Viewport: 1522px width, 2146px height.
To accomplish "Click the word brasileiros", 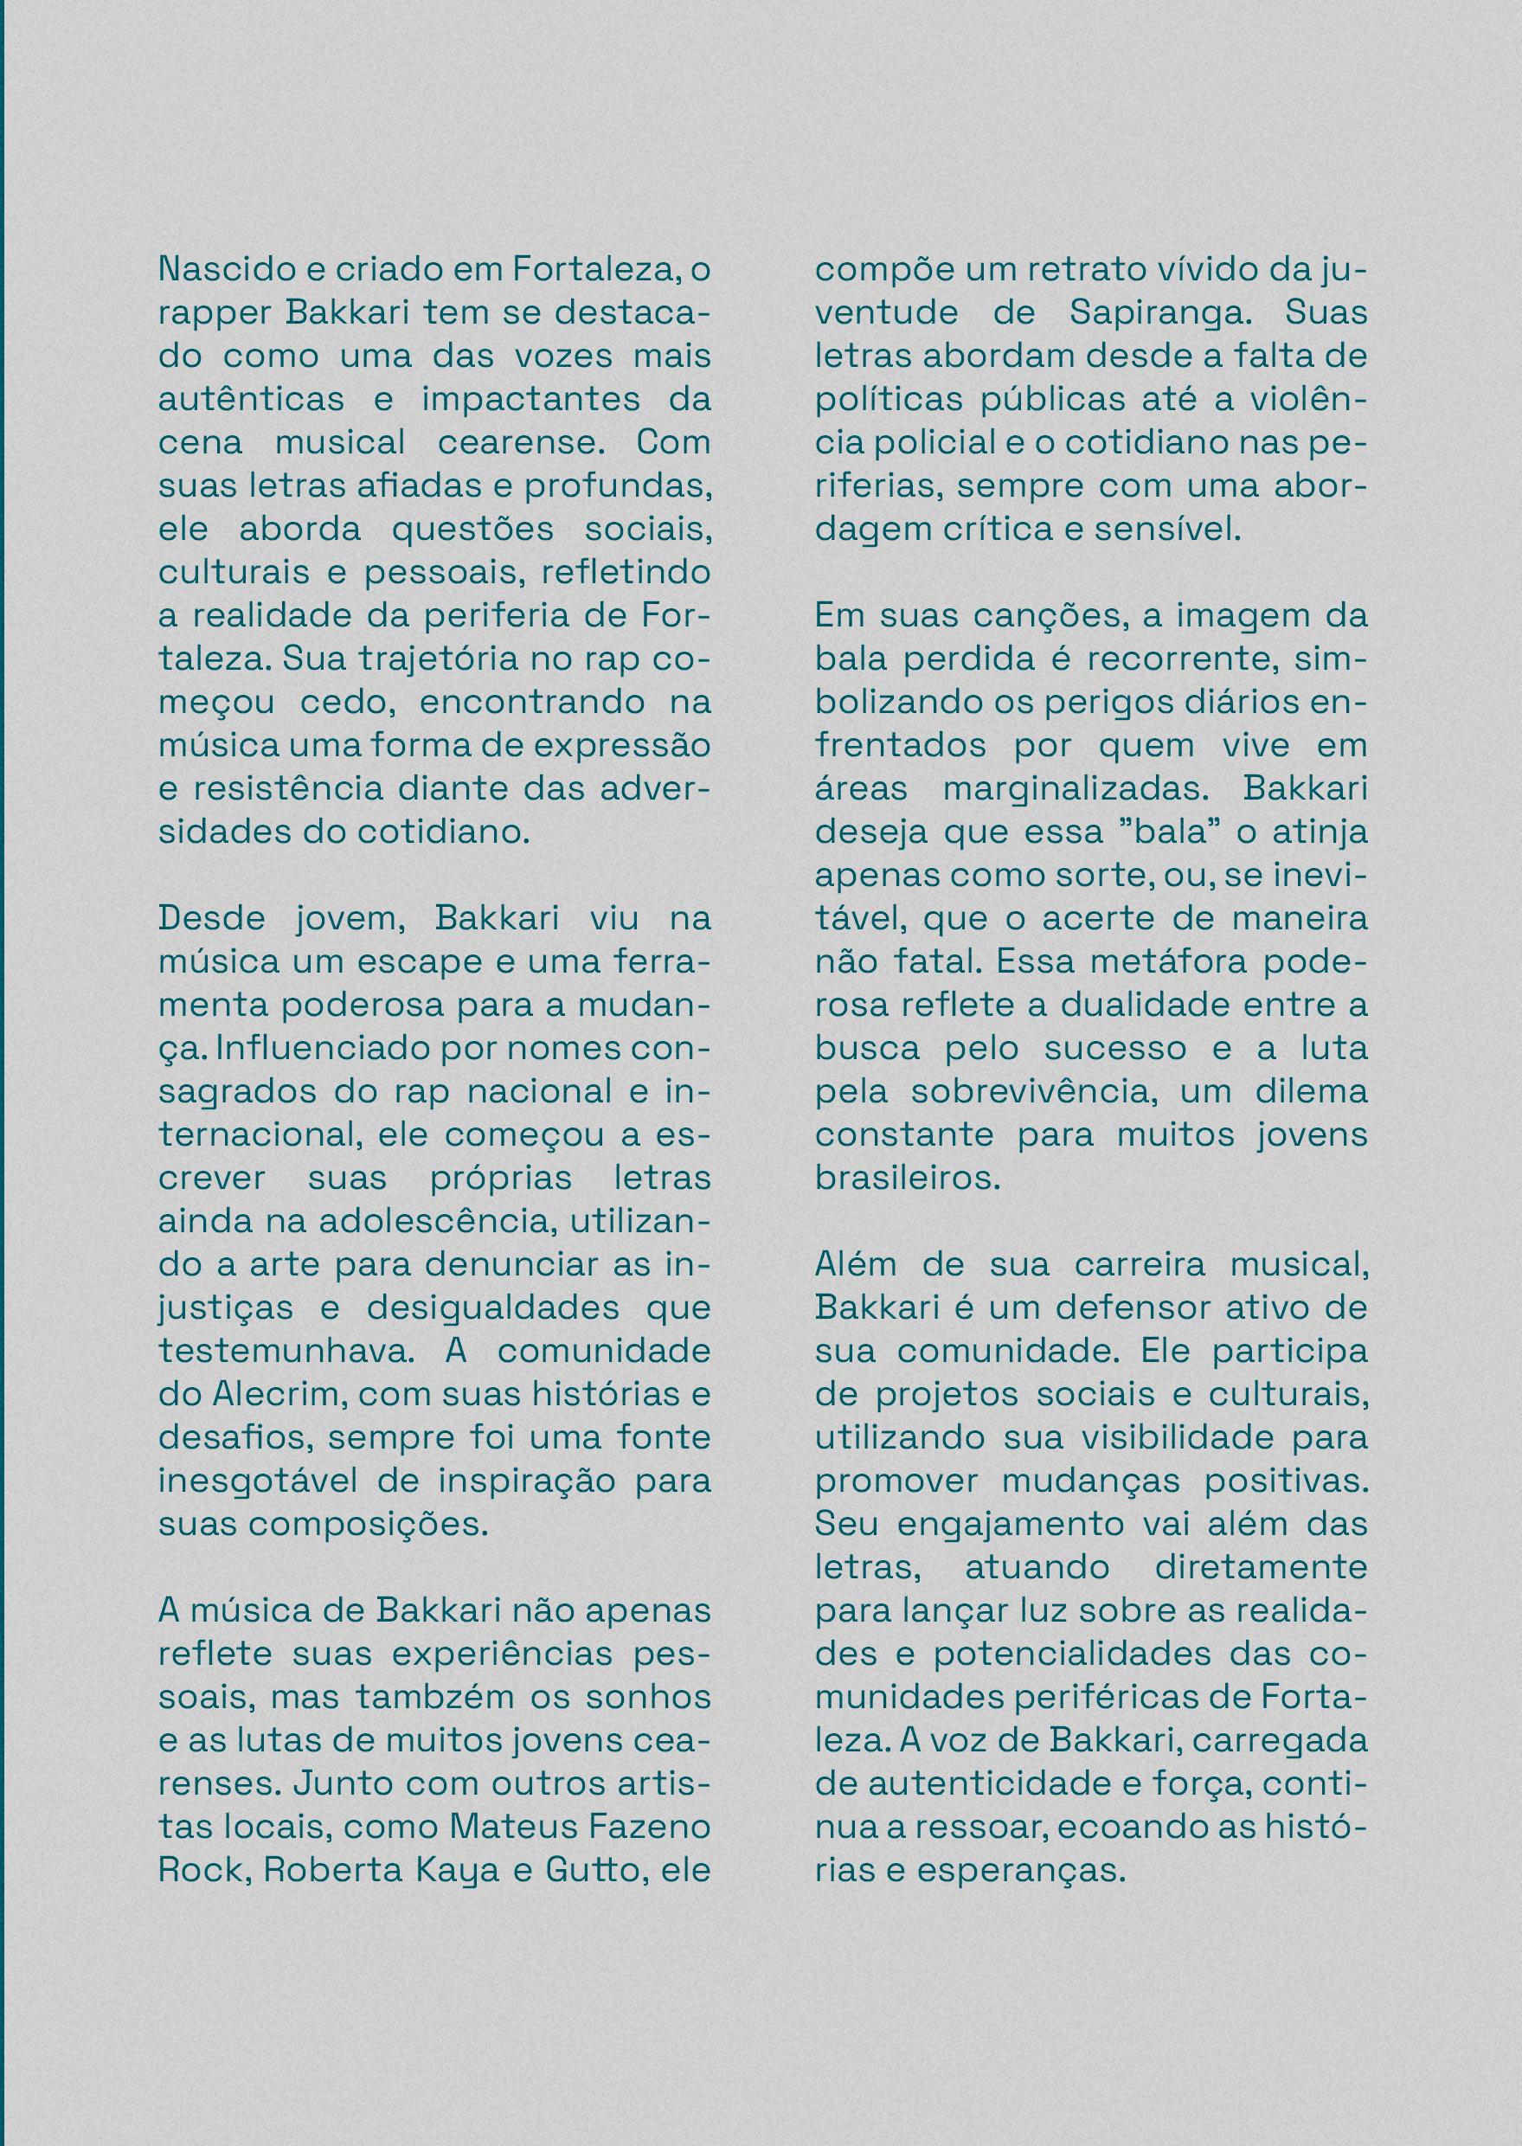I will (907, 1178).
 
